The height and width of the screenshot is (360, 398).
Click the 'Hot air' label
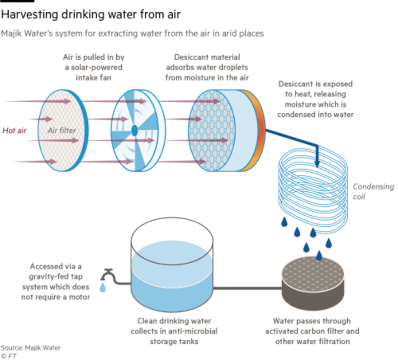pyautogui.click(x=14, y=131)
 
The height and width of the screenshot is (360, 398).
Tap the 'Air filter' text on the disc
pyautogui.click(x=62, y=131)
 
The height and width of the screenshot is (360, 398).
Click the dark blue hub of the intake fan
pyautogui.click(x=134, y=131)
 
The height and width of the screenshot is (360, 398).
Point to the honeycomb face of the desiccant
pyautogui.click(x=212, y=131)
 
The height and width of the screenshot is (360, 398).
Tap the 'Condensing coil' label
pyautogui.click(x=373, y=192)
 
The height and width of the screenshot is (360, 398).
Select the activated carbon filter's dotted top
pyautogui.click(x=313, y=272)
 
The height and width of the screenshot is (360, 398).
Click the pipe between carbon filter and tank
pyautogui.click(x=247, y=288)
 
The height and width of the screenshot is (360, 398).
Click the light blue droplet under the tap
pyautogui.click(x=103, y=287)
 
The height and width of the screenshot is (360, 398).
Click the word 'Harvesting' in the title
pyautogui.click(x=30, y=14)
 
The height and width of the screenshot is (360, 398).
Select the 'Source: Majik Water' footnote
pyautogui.click(x=30, y=347)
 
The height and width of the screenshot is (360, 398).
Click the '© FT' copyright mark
pyautogui.click(x=9, y=356)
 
